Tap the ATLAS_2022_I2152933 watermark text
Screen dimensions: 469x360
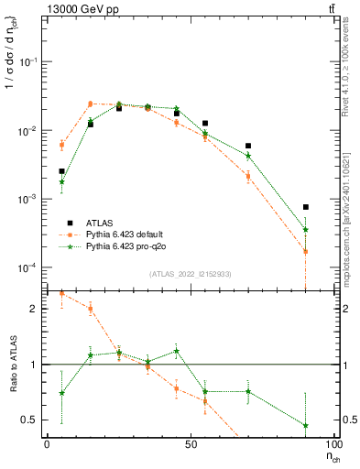coord(191,274)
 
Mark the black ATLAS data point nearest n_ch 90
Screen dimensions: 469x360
coord(305,207)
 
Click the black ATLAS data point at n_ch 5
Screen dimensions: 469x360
coord(61,171)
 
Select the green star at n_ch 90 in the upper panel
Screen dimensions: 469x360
coord(305,230)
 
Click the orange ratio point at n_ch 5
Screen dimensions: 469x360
coord(61,294)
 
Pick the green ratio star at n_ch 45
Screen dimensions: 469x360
coord(176,351)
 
